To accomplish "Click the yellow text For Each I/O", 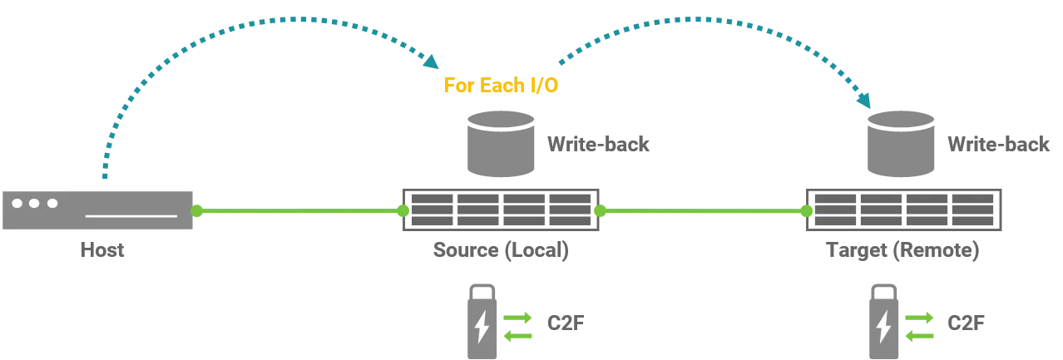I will click(x=501, y=85).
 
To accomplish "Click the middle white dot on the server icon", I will click(x=34, y=203).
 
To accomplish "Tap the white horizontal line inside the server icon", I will click(x=131, y=216).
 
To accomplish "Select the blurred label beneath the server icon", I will click(x=103, y=249).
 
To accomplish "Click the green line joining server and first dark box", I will click(x=299, y=211).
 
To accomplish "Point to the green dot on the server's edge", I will click(x=197, y=211).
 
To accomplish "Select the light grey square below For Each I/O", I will click(x=502, y=142).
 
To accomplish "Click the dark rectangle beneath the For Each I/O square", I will click(x=502, y=210).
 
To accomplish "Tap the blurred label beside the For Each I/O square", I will click(x=598, y=145).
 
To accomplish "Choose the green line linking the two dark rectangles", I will click(x=703, y=211).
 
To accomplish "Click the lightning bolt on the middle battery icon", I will click(x=482, y=326).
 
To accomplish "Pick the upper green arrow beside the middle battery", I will click(x=517, y=318).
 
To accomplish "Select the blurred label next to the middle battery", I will click(x=565, y=321).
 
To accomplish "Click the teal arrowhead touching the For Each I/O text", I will click(x=432, y=62).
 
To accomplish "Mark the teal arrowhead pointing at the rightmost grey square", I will click(x=863, y=100).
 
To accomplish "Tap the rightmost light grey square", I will click(x=901, y=142).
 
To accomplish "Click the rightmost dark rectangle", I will click(x=905, y=210).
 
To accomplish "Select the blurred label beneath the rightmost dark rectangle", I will click(x=904, y=251).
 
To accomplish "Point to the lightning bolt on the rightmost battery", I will click(x=883, y=326).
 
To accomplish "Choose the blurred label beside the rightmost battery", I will click(x=965, y=321).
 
